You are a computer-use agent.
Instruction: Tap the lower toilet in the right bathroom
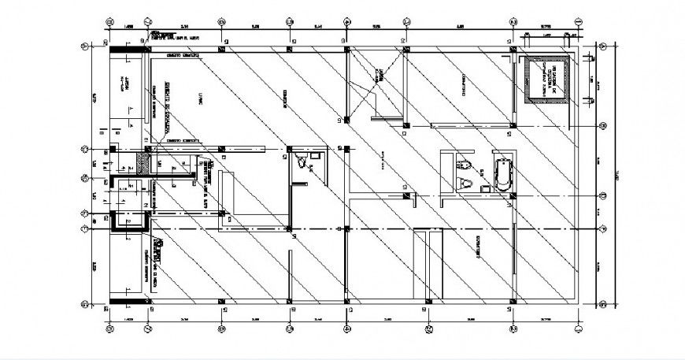(467, 184)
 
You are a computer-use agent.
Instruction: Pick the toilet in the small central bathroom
(301, 163)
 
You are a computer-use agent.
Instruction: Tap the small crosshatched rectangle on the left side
(143, 162)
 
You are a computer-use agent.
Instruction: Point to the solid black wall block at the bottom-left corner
(125, 299)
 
